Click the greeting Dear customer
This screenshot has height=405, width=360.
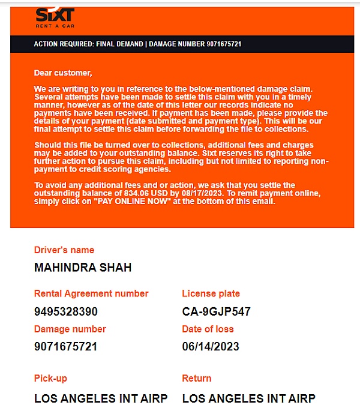pyautogui.click(x=63, y=73)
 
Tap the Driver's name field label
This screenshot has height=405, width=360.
pyautogui.click(x=64, y=250)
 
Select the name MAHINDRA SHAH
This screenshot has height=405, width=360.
pyautogui.click(x=83, y=268)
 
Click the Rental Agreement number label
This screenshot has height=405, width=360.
pyautogui.click(x=91, y=293)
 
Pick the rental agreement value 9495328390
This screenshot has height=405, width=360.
pyautogui.click(x=66, y=311)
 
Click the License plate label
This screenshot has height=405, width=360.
pyautogui.click(x=211, y=293)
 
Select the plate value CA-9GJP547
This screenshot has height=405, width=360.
pyautogui.click(x=216, y=311)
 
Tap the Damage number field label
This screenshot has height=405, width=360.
pyautogui.click(x=70, y=329)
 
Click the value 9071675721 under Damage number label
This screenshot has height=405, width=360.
pyautogui.click(x=66, y=346)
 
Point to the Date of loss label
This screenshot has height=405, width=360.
pyautogui.click(x=208, y=329)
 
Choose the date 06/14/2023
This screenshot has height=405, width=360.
pyautogui.click(x=211, y=346)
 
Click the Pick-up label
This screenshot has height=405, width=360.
pyautogui.click(x=50, y=378)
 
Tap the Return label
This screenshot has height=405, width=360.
pyautogui.click(x=197, y=378)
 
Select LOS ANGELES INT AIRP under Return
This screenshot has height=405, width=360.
pyautogui.click(x=248, y=398)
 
